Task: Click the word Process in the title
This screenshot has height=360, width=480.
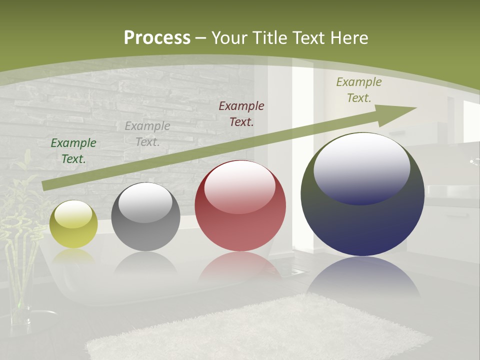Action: click(x=157, y=38)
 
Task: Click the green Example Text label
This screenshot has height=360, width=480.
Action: click(x=73, y=151)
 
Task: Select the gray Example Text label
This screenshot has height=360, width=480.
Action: click(x=147, y=134)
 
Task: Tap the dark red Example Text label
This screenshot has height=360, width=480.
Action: click(x=241, y=113)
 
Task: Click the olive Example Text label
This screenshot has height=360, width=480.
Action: click(x=359, y=90)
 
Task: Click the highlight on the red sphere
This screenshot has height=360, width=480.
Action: click(x=239, y=186)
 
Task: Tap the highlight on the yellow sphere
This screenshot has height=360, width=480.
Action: click(x=73, y=214)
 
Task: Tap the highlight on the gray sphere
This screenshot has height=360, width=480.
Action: click(x=145, y=202)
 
